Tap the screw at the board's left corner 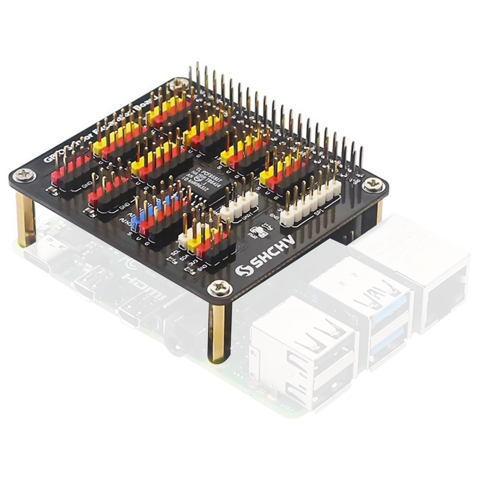22,177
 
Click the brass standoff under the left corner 26,219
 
